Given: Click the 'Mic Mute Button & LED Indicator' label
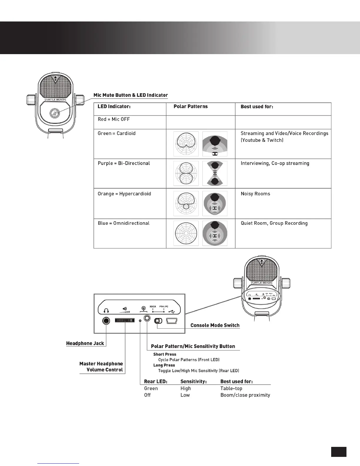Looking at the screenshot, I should pos(131,95).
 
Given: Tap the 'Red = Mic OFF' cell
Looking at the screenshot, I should pos(114,119).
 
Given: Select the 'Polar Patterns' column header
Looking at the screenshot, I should pos(191,106).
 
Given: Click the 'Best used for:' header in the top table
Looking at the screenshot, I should pos(257,106).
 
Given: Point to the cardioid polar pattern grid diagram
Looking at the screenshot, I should pos(186,144).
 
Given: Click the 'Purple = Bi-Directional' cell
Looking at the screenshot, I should pos(124,163).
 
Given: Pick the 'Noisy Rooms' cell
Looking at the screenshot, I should pos(255,194).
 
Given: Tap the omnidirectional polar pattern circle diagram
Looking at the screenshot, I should pos(186,233).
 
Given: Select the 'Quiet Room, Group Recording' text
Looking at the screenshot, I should pos(274,223).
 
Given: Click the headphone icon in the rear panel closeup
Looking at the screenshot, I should pos(106,310).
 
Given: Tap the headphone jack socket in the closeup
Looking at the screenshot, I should pos(106,320).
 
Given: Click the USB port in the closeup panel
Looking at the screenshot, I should pos(171,320).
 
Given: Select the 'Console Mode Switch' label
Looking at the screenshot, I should pos(215,325).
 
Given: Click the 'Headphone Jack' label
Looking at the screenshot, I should pos(85,343).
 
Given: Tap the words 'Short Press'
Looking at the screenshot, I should pos(165,355).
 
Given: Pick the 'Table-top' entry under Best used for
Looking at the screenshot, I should pos(231,389).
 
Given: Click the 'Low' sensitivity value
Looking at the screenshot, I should pos(185,395).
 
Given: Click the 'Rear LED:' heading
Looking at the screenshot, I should pos(156,382).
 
